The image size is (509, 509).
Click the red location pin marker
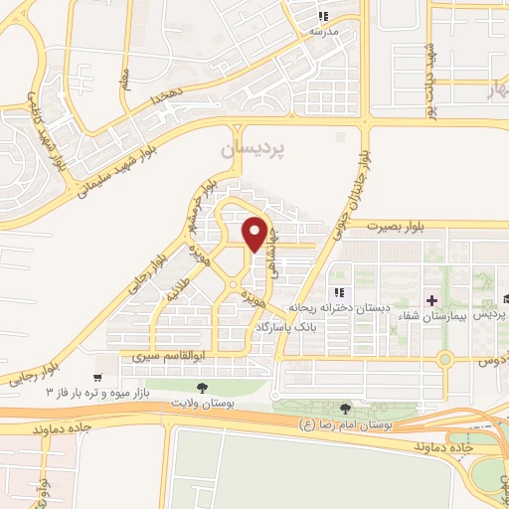click(x=255, y=234)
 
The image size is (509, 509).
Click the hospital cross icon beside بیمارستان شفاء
click(x=430, y=299)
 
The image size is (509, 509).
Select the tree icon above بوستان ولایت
click(x=202, y=387)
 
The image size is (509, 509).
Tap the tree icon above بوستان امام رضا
click(x=345, y=409)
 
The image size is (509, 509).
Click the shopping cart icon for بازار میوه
click(x=96, y=379)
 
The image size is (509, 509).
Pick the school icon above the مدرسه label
click(x=322, y=16)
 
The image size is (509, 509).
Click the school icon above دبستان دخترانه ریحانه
click(x=339, y=292)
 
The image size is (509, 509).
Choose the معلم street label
click(x=123, y=75)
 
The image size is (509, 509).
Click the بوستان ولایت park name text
click(x=203, y=405)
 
